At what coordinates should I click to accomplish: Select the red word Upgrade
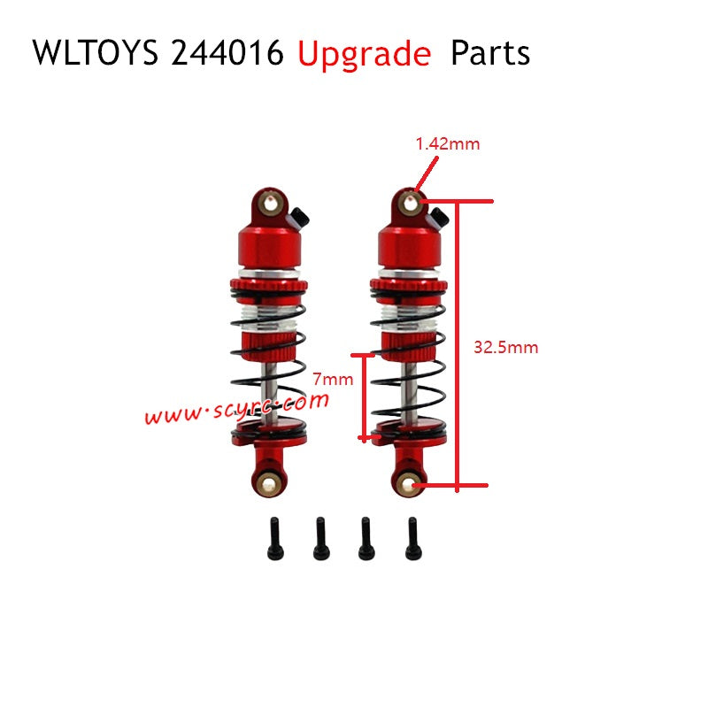[364, 55]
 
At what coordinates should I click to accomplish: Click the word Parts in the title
[490, 54]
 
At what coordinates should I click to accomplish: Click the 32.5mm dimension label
[506, 347]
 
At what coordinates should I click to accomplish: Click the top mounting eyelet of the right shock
[411, 203]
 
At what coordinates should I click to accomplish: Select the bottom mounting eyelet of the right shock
[408, 483]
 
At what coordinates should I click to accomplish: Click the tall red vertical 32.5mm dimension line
[457, 345]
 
